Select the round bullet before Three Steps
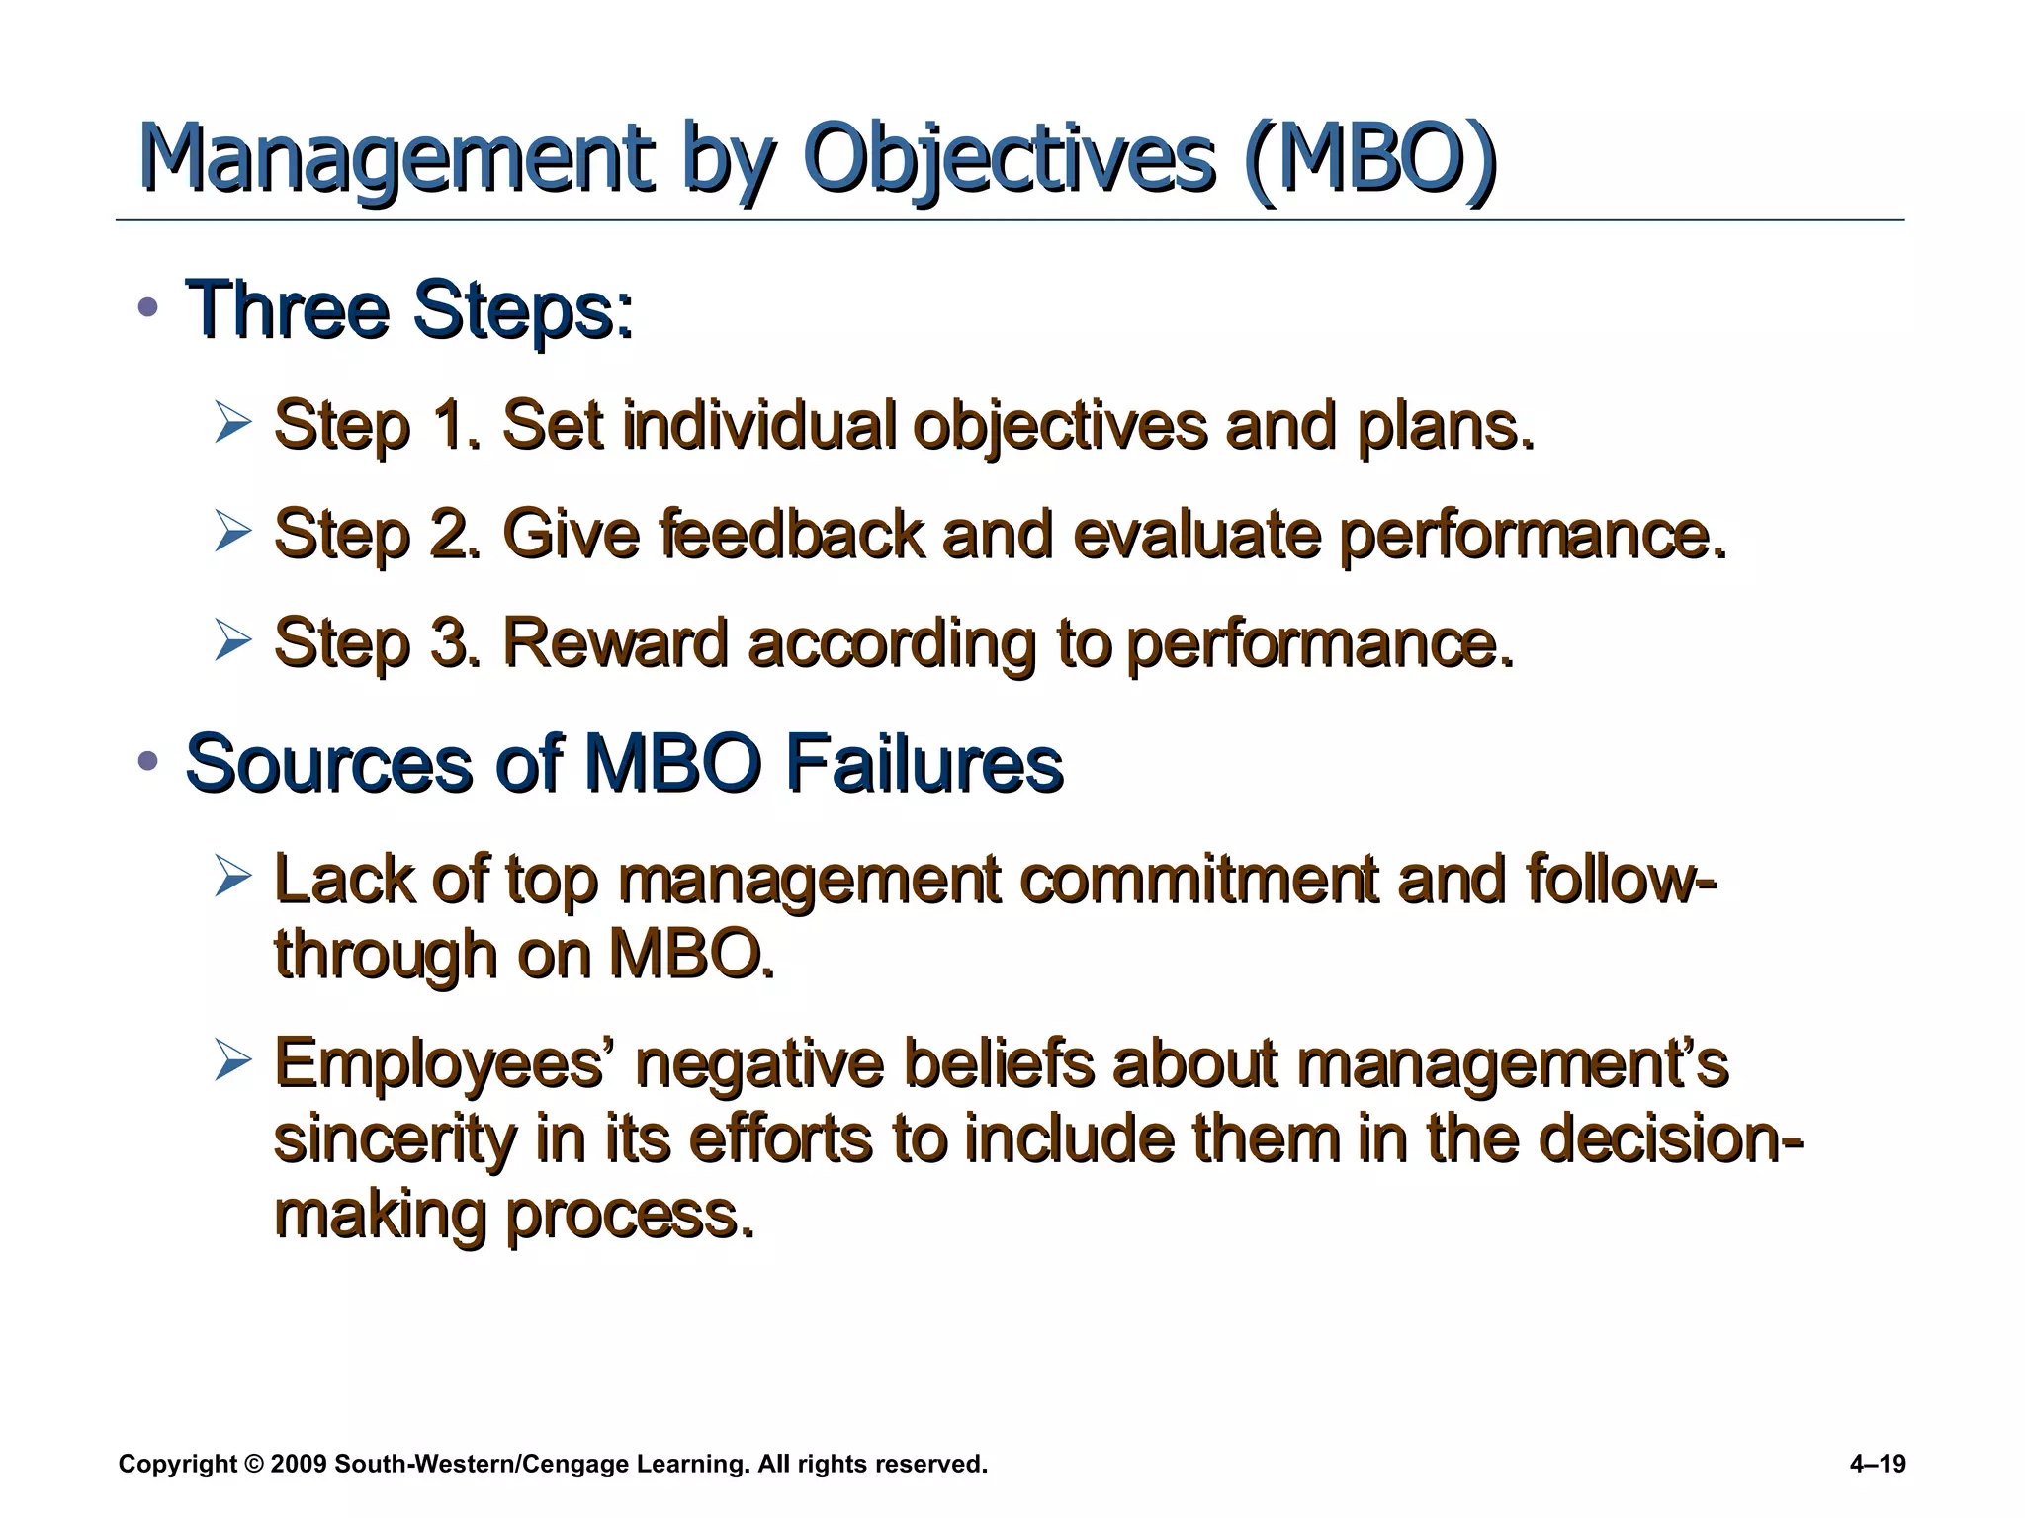pyautogui.click(x=148, y=307)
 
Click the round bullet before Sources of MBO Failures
pyautogui.click(x=148, y=761)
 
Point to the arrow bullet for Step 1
pyautogui.click(x=233, y=424)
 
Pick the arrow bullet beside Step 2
pyautogui.click(x=233, y=533)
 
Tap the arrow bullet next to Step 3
pyautogui.click(x=233, y=641)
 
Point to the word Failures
pyautogui.click(x=924, y=763)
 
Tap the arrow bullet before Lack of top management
pyautogui.click(x=233, y=878)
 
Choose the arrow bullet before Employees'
pyautogui.click(x=233, y=1062)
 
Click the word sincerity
pyautogui.click(x=395, y=1138)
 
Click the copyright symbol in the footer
pyautogui.click(x=252, y=1464)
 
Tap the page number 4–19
pyautogui.click(x=1877, y=1464)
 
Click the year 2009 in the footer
pyautogui.click(x=298, y=1464)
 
